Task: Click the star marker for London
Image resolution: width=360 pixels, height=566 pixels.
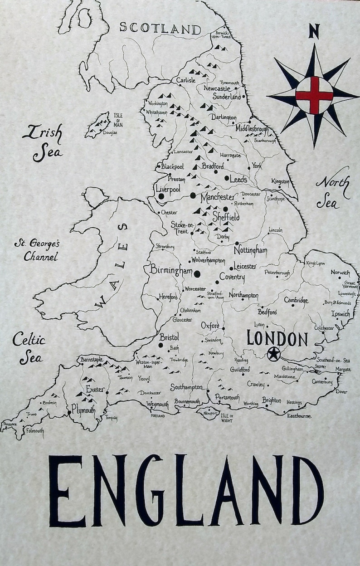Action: tap(273, 353)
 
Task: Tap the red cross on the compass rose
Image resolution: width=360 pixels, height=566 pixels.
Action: tap(314, 95)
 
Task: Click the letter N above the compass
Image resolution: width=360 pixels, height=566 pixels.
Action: tap(314, 31)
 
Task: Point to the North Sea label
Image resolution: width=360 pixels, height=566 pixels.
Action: tap(332, 192)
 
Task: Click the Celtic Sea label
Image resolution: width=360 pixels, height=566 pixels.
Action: tap(29, 348)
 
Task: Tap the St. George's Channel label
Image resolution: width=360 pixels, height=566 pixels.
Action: tap(37, 250)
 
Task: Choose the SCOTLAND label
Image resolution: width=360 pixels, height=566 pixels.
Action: tap(160, 28)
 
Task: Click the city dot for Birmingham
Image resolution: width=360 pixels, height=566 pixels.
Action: tap(197, 273)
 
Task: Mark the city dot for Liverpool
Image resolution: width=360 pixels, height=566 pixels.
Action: tap(161, 196)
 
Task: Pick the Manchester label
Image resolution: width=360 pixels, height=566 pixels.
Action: tap(218, 198)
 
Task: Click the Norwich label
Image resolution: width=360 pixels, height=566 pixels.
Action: tap(340, 273)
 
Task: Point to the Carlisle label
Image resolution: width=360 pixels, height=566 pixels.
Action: tap(186, 80)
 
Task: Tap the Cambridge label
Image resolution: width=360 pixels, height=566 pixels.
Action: tap(296, 300)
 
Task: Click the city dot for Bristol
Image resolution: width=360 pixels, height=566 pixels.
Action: tap(160, 346)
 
